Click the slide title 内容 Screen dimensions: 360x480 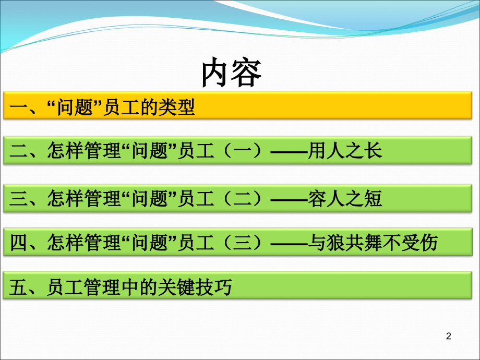(x=232, y=73)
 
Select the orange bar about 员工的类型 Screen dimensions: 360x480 (x=239, y=107)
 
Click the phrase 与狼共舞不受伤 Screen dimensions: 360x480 (x=374, y=242)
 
